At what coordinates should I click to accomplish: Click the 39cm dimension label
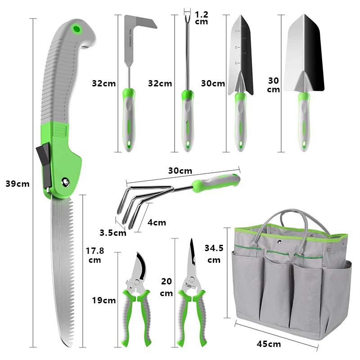pos(18,184)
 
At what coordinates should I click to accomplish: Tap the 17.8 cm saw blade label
pos(94,255)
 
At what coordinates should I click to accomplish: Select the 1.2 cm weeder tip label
pos(202,18)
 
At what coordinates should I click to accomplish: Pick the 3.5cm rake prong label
pos(113,232)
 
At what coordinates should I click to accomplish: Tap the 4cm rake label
pos(157,222)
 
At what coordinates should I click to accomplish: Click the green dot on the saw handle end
pos(77,30)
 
